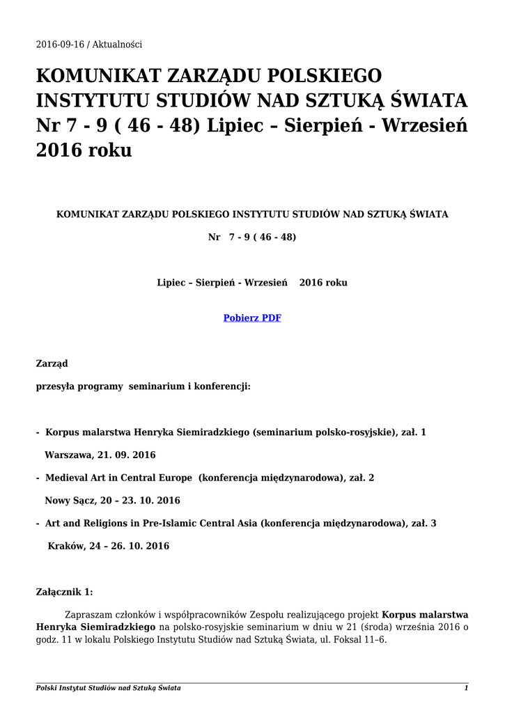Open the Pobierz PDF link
252,318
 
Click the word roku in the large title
109,151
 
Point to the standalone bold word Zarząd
52,363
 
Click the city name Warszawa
68,455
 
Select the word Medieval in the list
67,478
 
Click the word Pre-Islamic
180,523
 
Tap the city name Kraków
65,546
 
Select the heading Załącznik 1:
64,592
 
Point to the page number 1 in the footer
466,688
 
